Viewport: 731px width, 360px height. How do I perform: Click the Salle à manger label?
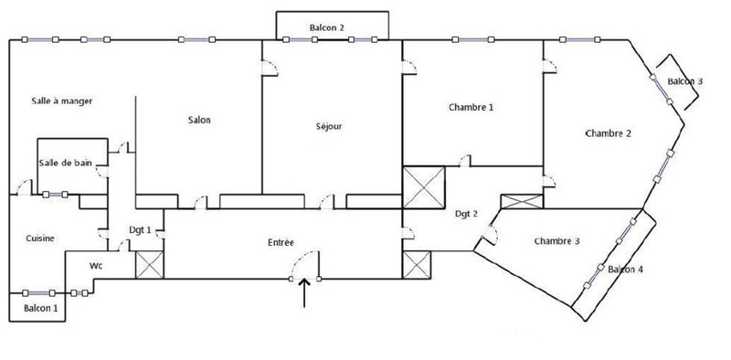coord(62,101)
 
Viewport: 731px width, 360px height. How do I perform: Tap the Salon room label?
coord(199,120)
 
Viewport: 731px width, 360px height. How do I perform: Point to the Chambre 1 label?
coord(471,107)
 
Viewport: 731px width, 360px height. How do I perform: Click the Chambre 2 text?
coord(609,133)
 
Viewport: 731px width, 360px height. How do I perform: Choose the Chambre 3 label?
coord(557,241)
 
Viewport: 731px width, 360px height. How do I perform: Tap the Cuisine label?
coord(40,238)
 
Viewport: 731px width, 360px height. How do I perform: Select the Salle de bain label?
coord(65,163)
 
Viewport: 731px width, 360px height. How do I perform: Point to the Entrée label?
coord(281,242)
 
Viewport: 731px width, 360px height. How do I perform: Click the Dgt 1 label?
coord(140,230)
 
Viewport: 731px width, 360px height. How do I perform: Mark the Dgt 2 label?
coord(467,214)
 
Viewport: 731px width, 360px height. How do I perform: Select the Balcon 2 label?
coord(327,27)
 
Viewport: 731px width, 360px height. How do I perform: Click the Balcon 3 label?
coord(684,81)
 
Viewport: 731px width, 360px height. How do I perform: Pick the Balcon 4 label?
coord(626,269)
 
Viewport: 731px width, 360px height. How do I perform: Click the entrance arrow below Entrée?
coord(304,293)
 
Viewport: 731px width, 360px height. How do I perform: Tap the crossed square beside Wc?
coord(150,265)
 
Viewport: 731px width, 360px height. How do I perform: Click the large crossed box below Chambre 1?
coord(424,187)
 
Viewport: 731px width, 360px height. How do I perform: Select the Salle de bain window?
coord(55,195)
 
